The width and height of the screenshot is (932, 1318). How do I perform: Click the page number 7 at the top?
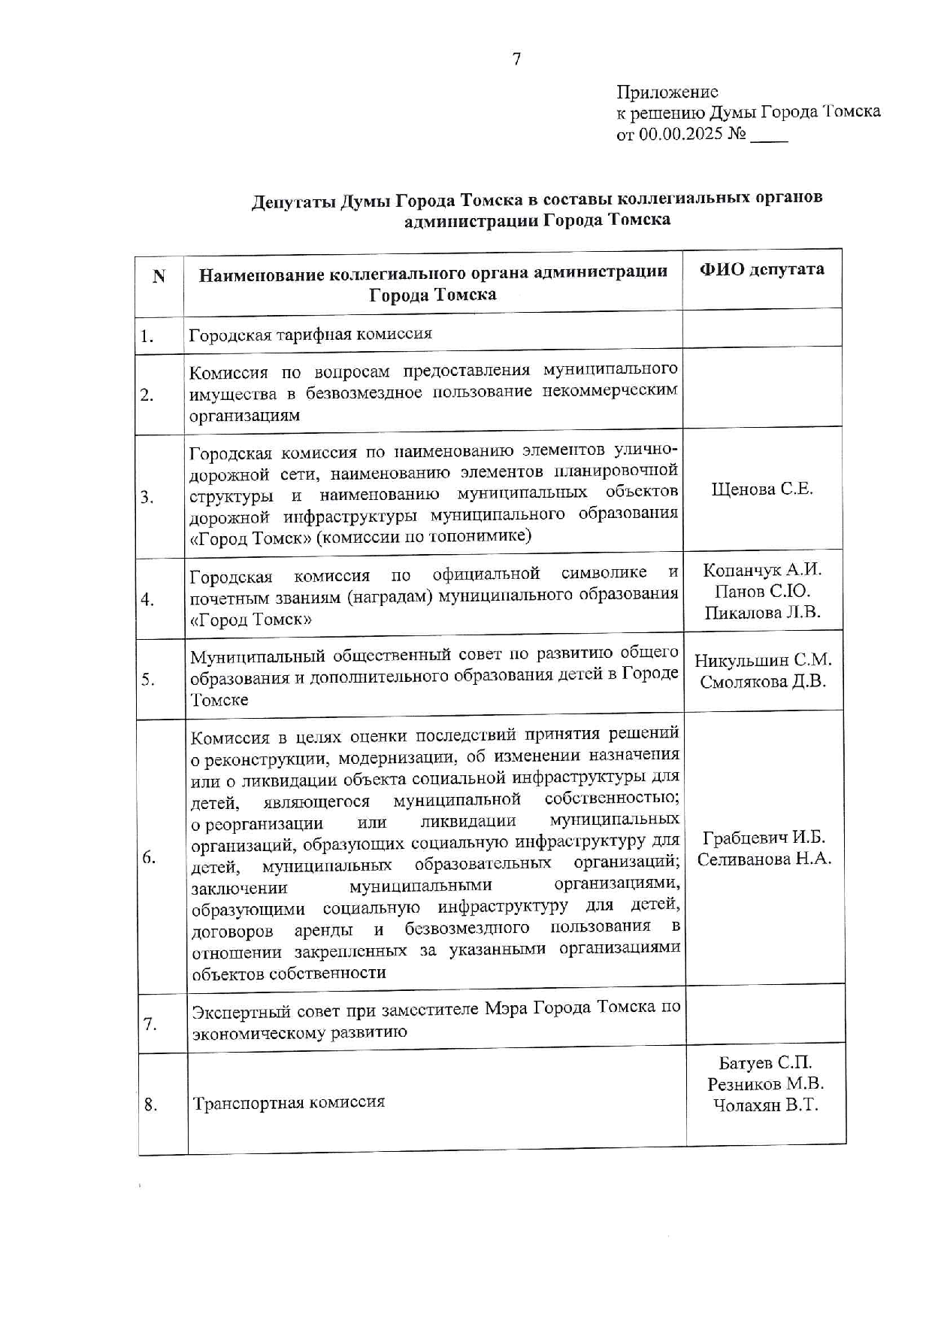516,59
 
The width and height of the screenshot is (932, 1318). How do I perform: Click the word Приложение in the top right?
667,92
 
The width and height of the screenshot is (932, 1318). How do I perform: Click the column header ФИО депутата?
761,270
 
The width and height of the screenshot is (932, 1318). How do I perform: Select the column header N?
159,277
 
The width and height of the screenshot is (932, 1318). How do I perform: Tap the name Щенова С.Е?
761,489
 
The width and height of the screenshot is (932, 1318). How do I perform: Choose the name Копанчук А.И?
762,570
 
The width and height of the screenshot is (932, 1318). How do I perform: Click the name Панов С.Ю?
762,591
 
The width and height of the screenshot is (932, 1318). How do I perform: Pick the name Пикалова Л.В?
762,613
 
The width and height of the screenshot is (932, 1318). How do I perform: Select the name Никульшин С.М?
763,660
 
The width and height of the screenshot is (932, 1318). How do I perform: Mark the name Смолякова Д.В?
763,682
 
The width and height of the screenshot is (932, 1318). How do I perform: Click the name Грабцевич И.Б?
764,838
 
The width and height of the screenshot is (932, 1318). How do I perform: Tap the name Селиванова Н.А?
764,859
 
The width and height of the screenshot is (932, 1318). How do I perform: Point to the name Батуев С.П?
765,1062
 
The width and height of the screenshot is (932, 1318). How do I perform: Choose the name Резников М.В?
765,1083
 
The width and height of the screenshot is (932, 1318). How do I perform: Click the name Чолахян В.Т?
765,1105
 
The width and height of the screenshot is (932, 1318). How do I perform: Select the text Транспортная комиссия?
289,1102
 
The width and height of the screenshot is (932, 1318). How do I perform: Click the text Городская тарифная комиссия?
310,334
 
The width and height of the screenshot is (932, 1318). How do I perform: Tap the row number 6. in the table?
149,857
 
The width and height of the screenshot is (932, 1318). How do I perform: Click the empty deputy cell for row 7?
765,1014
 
